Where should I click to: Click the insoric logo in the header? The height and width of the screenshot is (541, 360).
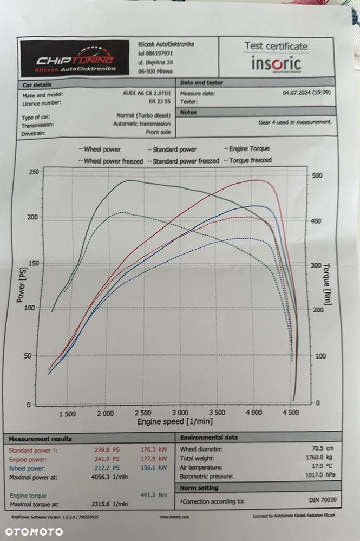(x=276, y=64)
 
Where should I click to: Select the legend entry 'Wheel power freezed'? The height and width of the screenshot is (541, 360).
(x=111, y=161)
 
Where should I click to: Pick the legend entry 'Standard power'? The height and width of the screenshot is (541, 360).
(x=172, y=149)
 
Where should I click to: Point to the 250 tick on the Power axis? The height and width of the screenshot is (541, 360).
(x=34, y=172)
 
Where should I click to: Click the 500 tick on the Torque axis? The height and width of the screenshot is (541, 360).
(x=317, y=176)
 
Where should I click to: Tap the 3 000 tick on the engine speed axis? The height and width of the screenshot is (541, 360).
(x=180, y=413)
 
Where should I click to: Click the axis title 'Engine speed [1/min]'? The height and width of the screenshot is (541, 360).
(x=175, y=421)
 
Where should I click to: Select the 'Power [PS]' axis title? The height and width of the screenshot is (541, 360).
(x=21, y=286)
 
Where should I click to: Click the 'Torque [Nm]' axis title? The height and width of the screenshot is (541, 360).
(x=326, y=285)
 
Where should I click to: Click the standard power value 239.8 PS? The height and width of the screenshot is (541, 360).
(x=106, y=449)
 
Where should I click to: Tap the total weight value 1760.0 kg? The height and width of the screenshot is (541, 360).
(x=320, y=458)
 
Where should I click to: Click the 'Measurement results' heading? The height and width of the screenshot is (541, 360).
(x=40, y=439)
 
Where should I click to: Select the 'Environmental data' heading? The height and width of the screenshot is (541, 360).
(x=209, y=437)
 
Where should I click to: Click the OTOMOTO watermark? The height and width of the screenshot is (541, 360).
(x=34, y=531)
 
